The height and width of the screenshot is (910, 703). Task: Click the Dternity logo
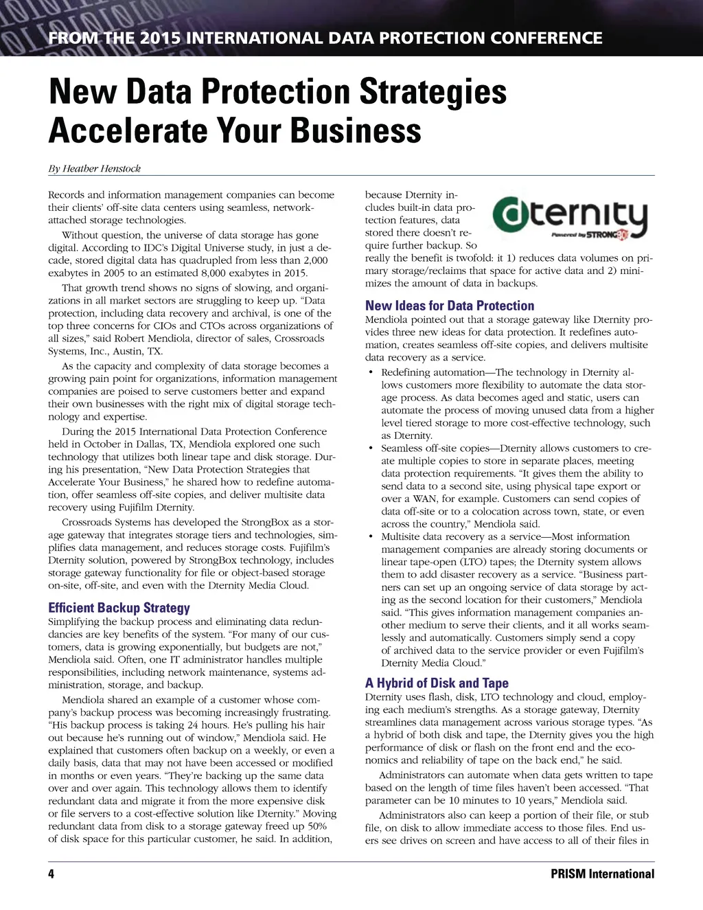571,216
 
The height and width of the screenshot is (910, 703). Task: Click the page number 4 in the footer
51,874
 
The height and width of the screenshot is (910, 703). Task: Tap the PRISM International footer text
602,874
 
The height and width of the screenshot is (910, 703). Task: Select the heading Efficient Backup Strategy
119,608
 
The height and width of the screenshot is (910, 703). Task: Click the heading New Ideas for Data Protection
449,306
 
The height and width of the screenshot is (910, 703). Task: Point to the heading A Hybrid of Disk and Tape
437,683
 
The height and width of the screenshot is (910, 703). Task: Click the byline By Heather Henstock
95,168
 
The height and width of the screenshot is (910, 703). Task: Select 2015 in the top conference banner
160,38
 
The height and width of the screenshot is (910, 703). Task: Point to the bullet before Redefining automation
371,372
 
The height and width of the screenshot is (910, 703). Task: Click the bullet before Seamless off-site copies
371,448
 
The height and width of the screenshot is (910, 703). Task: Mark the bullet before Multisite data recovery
371,536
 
